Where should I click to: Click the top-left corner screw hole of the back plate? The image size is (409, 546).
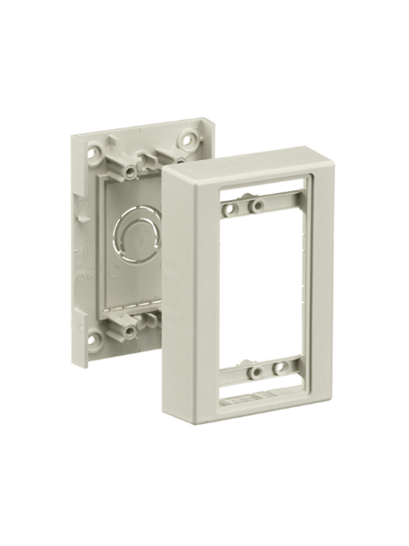(x=93, y=144)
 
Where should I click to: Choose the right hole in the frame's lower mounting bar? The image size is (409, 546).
(x=284, y=369)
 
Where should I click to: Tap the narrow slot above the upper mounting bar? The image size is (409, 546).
(x=259, y=193)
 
